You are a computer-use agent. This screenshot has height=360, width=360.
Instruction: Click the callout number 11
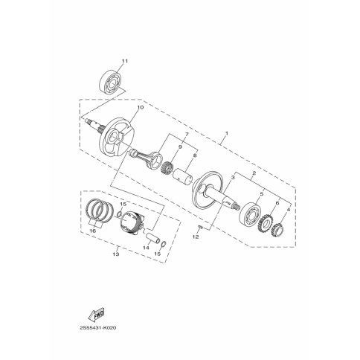125,61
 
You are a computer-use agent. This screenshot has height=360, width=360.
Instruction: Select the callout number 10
141,107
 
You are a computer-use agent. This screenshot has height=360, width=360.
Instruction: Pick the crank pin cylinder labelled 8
184,176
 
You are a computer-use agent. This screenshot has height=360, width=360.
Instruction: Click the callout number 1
226,133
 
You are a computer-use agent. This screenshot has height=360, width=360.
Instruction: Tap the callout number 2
253,173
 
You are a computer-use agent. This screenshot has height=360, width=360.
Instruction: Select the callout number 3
233,177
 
